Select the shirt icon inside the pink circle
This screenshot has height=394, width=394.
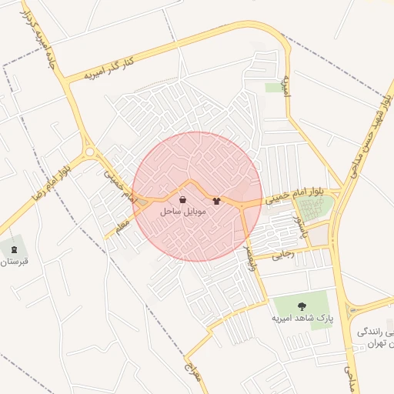(x=216, y=201)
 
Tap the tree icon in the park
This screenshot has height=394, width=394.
(x=300, y=306)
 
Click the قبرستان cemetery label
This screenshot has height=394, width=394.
(x=14, y=261)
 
